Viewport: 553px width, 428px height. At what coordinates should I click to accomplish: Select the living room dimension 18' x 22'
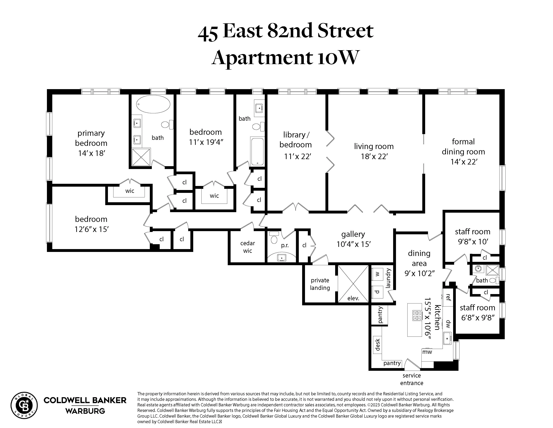(x=374, y=156)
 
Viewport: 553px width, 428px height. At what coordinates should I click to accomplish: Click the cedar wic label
(x=247, y=247)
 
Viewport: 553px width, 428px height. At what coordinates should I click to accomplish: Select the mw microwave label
(x=427, y=352)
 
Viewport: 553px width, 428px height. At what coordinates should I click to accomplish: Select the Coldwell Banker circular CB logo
(x=24, y=406)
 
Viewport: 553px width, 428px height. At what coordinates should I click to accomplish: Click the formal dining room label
(x=463, y=147)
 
